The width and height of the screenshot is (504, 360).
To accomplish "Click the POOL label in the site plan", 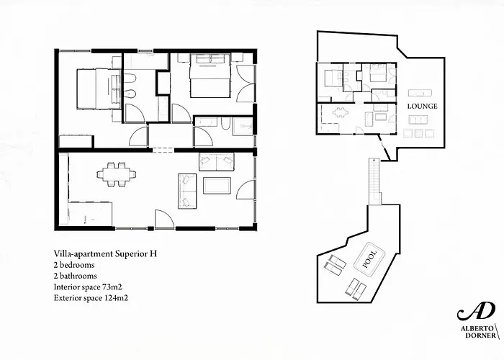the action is coord(369,259).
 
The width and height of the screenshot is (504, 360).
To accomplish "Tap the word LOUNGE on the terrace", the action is coord(423,106).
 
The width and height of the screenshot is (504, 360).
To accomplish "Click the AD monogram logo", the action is coord(476,311).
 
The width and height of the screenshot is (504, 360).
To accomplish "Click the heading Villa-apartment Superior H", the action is coord(105,253).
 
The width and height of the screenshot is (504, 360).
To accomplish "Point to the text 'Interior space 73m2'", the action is coord(88,287).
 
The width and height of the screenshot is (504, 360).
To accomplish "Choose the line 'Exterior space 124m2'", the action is coord(91,298).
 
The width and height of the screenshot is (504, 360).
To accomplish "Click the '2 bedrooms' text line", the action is coord(74,265).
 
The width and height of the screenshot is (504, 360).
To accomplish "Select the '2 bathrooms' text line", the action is coord(75,276).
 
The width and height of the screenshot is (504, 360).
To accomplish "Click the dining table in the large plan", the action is coord(117,174).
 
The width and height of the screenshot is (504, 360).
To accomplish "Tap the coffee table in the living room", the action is coord(217,186).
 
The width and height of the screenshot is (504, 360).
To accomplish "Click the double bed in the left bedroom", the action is coord(99,89).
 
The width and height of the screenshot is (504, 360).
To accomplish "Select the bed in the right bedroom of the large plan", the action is coord(210,76).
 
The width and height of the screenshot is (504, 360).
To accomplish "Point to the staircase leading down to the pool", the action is coord(374,181).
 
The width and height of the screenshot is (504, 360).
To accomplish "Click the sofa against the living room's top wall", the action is coord(217,162).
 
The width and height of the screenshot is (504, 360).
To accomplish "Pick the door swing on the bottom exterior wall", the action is coord(165,220).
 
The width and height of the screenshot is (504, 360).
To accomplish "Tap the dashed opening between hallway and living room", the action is coord(163,150).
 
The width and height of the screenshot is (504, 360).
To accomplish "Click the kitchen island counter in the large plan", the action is coord(90,214).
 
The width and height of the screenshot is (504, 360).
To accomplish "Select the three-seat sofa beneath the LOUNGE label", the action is coord(418,120).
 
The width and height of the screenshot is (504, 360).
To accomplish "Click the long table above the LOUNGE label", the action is coord(420,93).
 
